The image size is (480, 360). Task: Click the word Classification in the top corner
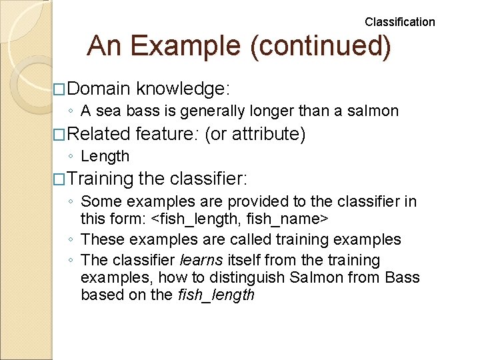click(399, 22)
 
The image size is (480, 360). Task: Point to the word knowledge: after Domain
click(181, 89)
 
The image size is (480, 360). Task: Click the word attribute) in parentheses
click(269, 134)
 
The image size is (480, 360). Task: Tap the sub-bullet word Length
click(105, 156)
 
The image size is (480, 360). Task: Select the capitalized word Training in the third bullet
click(101, 179)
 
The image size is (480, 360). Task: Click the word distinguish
click(239, 277)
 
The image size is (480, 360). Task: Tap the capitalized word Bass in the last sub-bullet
click(403, 277)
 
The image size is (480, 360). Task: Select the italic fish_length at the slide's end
click(216, 295)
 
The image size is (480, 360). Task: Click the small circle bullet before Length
click(71, 157)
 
